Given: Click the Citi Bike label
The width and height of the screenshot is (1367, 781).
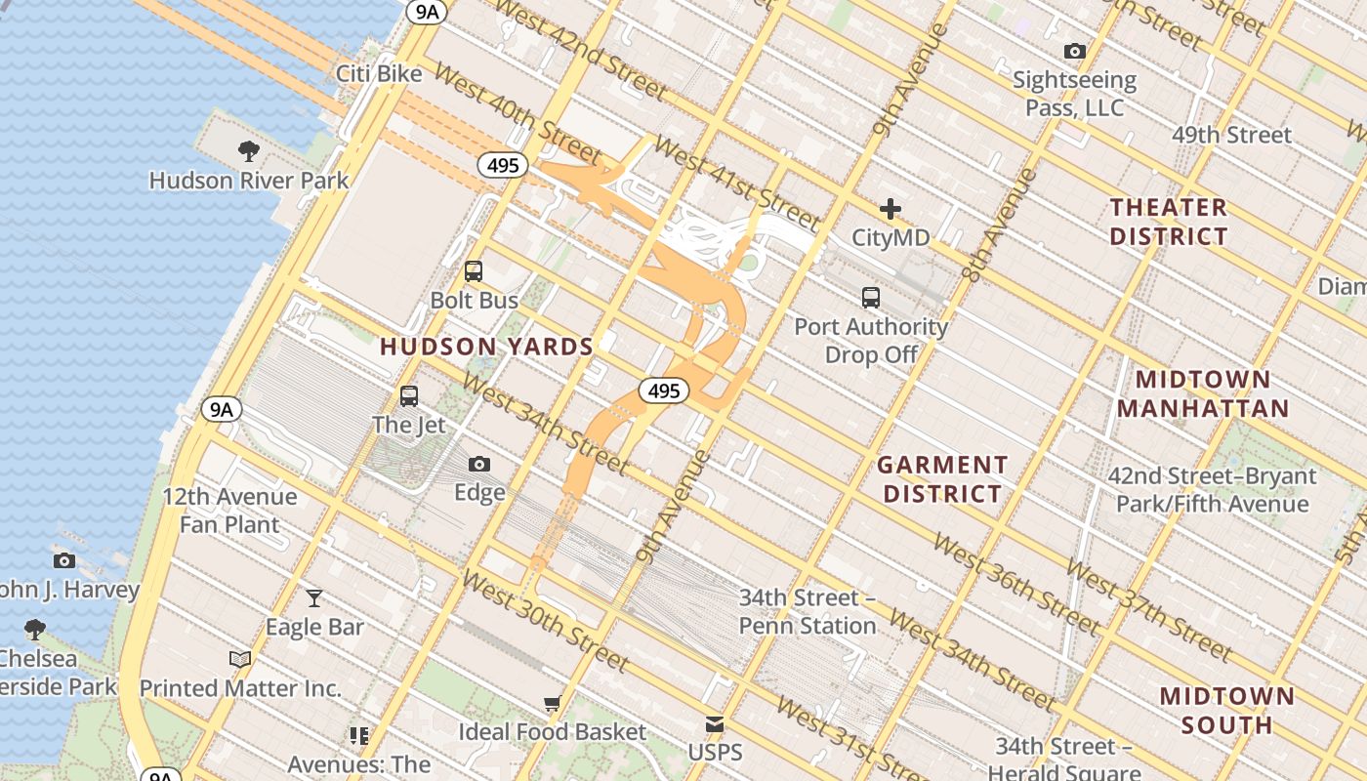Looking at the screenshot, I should coord(379,74).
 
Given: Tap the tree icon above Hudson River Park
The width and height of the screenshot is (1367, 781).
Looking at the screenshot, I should coord(248,151).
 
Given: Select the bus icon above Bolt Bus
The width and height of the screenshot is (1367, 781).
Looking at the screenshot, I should coord(474,271).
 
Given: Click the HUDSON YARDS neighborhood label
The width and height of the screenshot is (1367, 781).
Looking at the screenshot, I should coord(486,347).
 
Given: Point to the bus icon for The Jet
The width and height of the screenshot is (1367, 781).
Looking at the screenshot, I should coord(409,396).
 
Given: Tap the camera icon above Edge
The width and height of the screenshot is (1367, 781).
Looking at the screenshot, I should coord(479,464).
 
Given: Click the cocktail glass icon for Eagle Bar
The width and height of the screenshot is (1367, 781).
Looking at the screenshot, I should coord(314,597).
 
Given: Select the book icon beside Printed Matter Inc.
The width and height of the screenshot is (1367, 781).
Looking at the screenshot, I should coord(240,659).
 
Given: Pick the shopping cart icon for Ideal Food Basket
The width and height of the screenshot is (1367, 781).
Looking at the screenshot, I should coord(553,703).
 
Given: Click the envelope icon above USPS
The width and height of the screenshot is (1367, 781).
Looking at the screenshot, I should coord(715,724).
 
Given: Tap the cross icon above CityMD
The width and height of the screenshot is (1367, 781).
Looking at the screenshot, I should coord(891,208).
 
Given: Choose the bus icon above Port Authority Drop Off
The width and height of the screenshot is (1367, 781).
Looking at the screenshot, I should coord(871,298).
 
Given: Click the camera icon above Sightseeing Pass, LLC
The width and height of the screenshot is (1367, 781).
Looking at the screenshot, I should coord(1074,51).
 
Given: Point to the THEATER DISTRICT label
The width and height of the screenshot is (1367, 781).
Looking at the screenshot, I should coord(1169,222).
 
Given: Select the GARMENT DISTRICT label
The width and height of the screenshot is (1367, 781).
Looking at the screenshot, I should coord(942,479).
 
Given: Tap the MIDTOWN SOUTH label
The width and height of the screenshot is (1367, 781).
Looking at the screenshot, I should coord(1228,711).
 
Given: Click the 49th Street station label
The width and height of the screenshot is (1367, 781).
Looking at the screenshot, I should coord(1232,135).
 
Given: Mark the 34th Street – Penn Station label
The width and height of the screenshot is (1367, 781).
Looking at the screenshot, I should coord(808,611).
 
